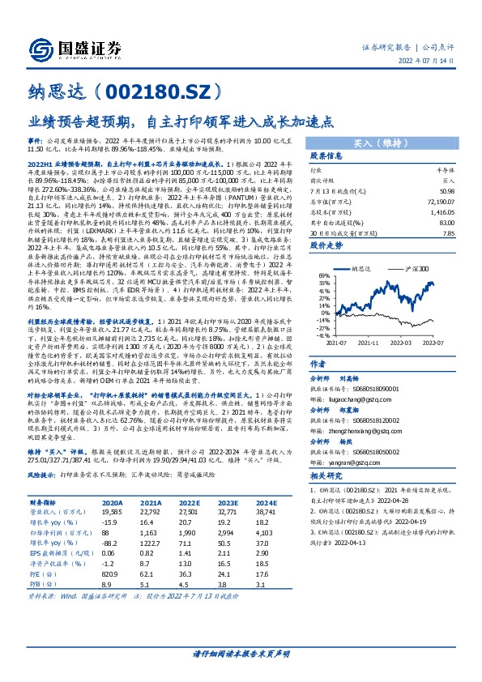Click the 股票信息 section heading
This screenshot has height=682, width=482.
[327, 155]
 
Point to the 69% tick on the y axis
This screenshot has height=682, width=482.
[324, 277]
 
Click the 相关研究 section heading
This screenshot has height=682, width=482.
[327, 500]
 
